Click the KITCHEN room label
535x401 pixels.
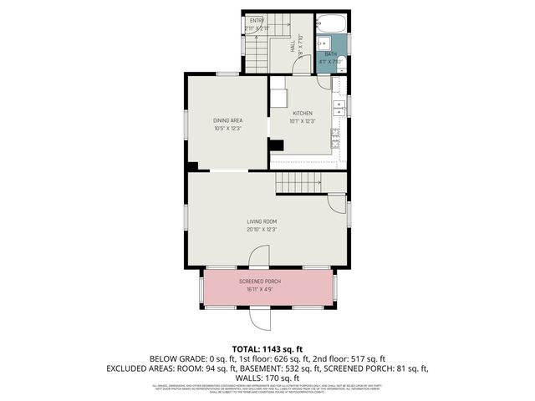pyautogui.click(x=302, y=113)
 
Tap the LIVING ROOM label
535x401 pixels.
pyautogui.click(x=262, y=221)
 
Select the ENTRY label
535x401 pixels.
pyautogui.click(x=257, y=20)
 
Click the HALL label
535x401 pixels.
pyautogui.click(x=293, y=49)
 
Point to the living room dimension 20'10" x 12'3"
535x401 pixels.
pyautogui.click(x=262, y=229)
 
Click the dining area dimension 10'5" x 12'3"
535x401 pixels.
pyautogui.click(x=227, y=129)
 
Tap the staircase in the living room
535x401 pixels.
pyautogui.click(x=299, y=181)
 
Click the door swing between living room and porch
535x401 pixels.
pyautogui.click(x=260, y=257)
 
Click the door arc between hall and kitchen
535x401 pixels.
pyautogui.click(x=324, y=82)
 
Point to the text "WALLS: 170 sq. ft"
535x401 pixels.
pyautogui.click(x=267, y=378)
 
